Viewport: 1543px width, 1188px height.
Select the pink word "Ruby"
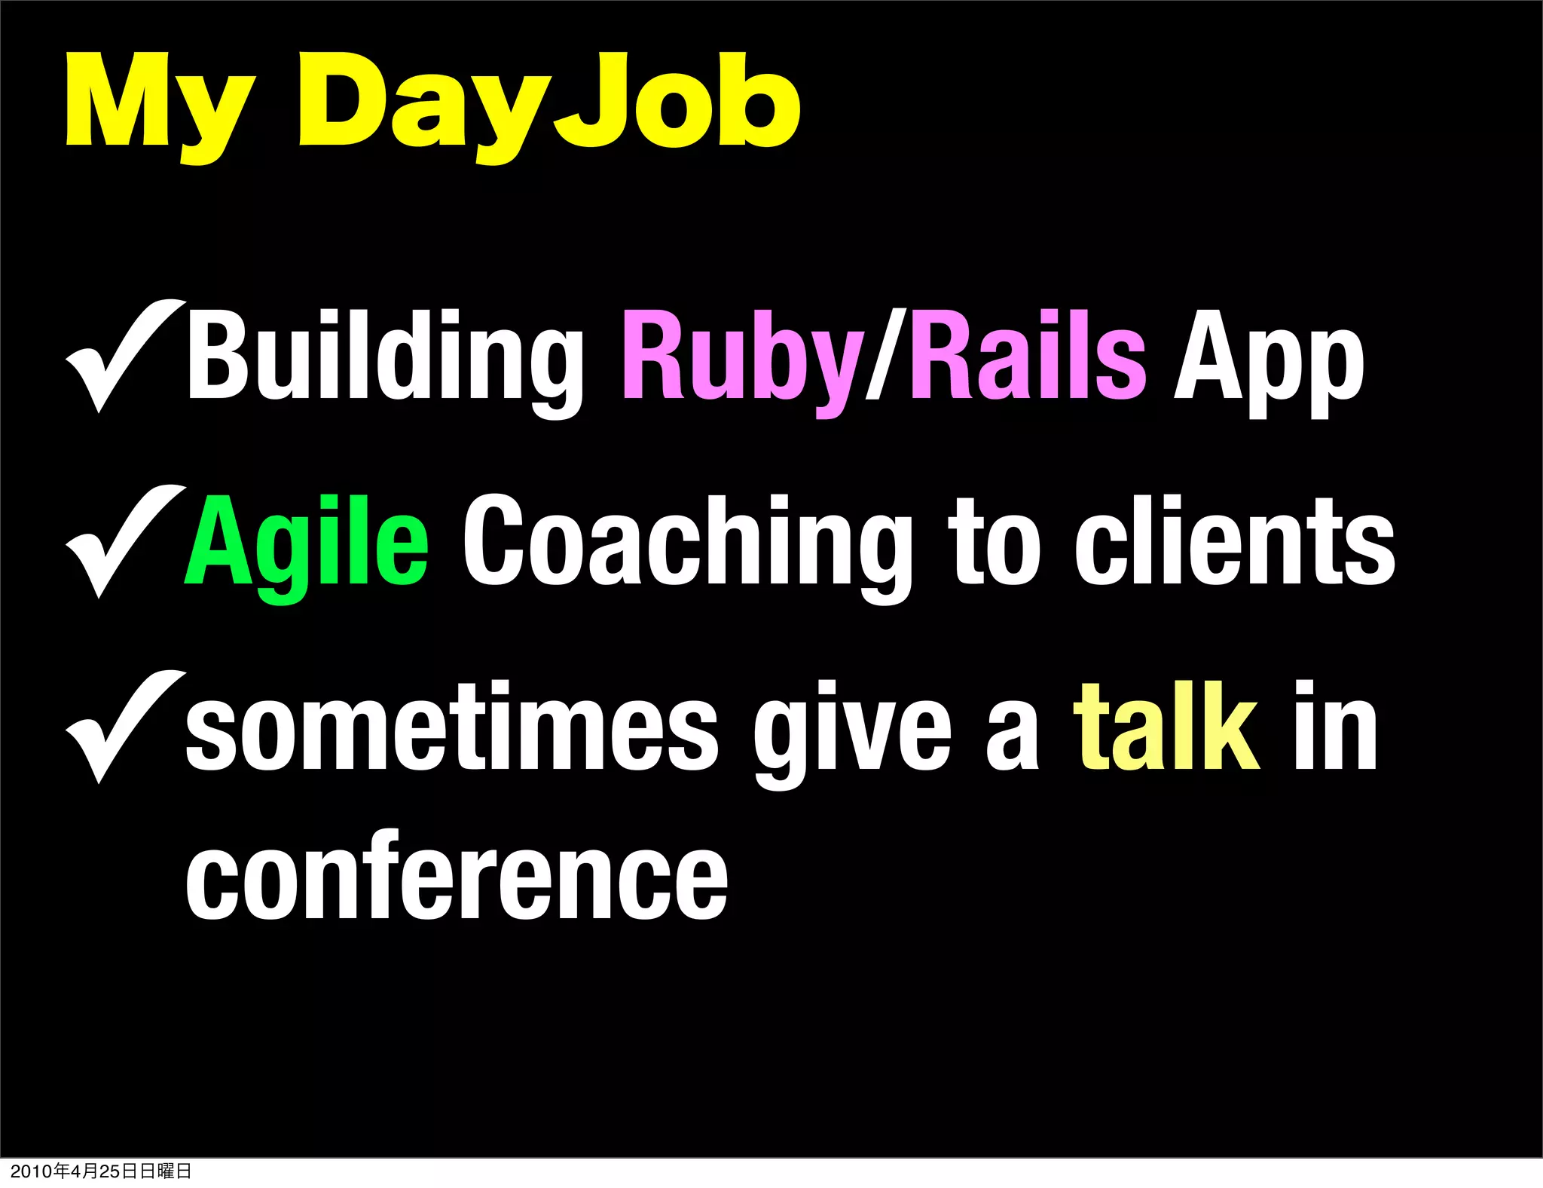pos(742,358)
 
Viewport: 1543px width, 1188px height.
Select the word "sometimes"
pos(452,728)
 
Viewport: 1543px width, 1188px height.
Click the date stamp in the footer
pos(101,1171)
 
